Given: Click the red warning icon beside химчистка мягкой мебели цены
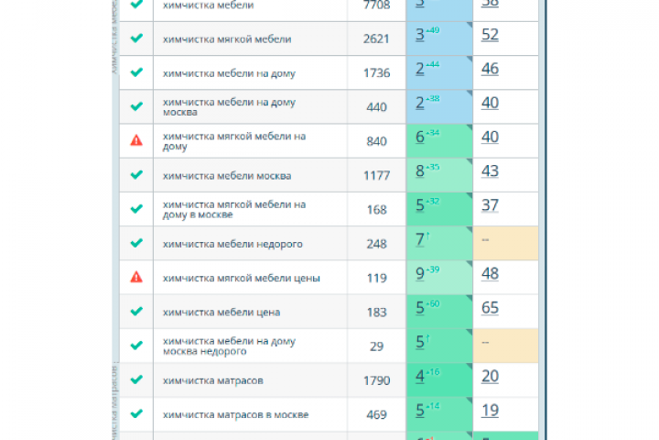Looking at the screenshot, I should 136,277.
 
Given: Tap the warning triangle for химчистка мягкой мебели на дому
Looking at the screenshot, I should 136,140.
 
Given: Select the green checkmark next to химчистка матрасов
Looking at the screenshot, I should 136,379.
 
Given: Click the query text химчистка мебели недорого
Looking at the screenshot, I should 232,244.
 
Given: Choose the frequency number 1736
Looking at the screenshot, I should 376,72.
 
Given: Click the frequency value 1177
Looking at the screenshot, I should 376,175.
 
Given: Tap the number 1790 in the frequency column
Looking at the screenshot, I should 376,379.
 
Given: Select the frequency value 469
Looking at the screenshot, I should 376,413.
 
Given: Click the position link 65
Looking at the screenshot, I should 490,308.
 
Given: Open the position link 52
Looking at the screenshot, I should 490,35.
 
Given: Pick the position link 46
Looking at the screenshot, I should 490,69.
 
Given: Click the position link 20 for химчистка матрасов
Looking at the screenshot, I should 490,376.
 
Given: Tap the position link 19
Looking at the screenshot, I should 490,411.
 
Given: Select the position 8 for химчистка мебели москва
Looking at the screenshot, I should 420,171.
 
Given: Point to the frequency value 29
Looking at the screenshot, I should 376,346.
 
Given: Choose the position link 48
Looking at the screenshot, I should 490,273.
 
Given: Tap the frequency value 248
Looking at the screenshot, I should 376,244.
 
